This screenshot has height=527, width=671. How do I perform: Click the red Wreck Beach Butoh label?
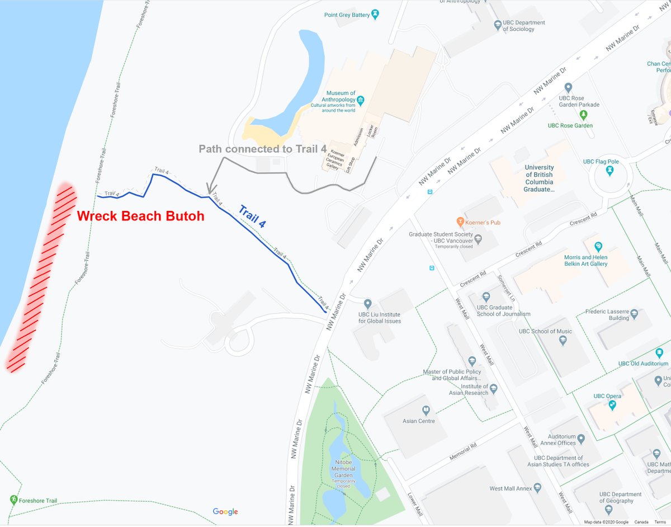[x=140, y=217]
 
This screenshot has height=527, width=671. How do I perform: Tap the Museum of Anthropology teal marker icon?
[x=361, y=101]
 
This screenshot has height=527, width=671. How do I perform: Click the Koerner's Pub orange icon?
[x=460, y=222]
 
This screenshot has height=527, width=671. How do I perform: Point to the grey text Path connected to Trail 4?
[x=262, y=149]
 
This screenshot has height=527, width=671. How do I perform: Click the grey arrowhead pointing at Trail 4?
[x=209, y=189]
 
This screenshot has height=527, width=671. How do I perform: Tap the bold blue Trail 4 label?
[x=252, y=217]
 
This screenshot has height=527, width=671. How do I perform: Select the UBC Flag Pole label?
[x=601, y=162]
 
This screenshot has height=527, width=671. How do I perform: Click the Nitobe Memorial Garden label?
[x=343, y=469]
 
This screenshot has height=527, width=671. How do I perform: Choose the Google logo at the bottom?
[x=225, y=511]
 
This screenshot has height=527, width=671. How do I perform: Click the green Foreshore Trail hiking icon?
[x=13, y=498]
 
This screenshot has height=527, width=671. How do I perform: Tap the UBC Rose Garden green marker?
[x=584, y=115]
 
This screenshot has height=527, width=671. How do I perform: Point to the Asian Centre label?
[x=419, y=421]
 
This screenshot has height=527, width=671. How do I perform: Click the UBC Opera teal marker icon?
[x=613, y=404]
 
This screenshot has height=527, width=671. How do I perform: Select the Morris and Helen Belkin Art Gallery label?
[x=585, y=261]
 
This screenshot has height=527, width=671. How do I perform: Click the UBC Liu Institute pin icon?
[x=367, y=304]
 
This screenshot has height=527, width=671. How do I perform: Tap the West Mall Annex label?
[x=511, y=488]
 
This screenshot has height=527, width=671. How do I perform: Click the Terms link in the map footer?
[x=660, y=522]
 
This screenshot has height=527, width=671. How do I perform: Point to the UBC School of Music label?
[x=545, y=331]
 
